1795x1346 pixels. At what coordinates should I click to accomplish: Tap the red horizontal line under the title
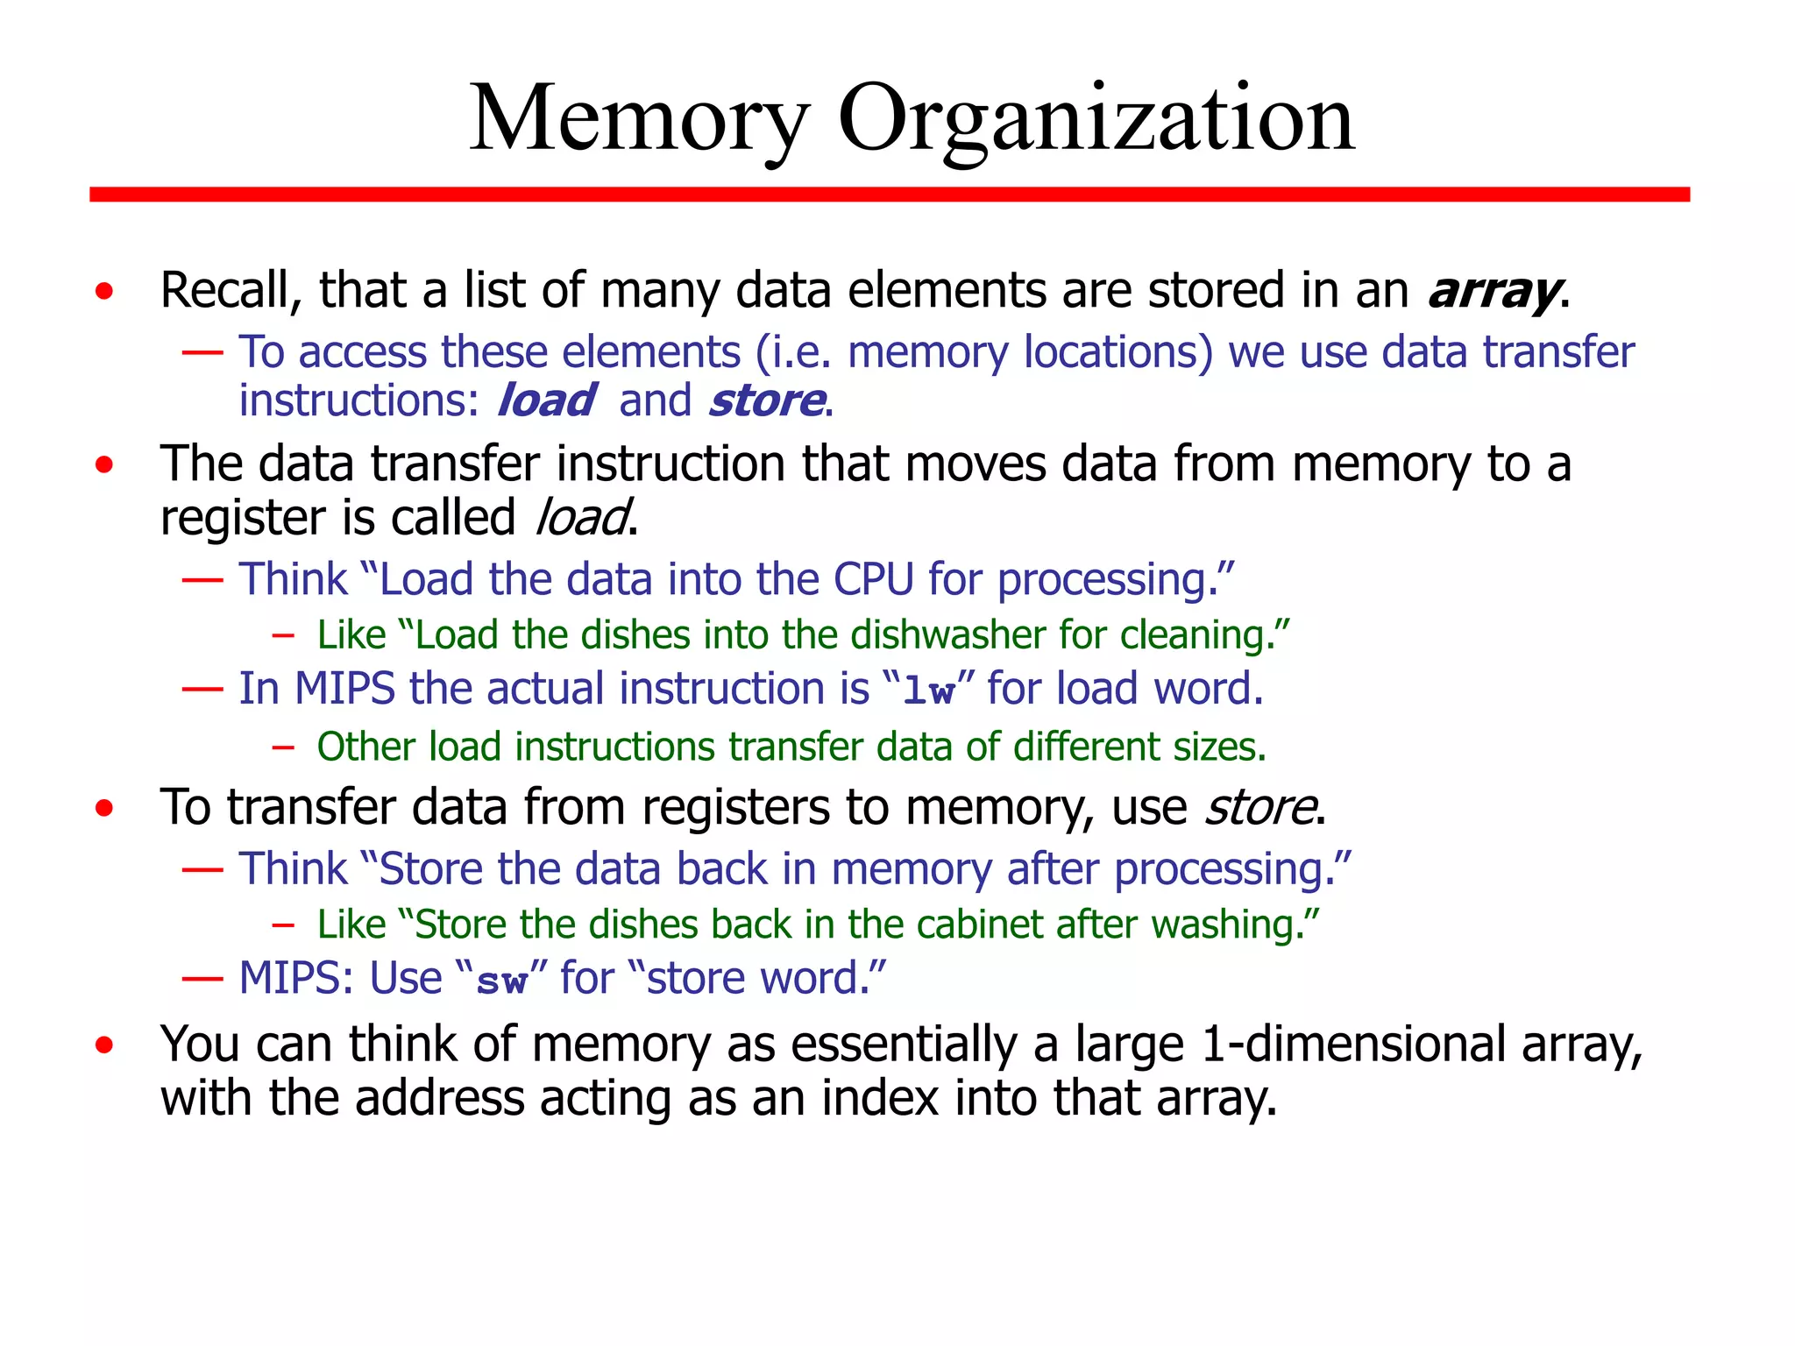[889, 194]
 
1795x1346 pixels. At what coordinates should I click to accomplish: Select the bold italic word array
[1493, 291]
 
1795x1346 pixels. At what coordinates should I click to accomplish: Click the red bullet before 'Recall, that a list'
[105, 291]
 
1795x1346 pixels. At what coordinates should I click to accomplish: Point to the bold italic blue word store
[766, 401]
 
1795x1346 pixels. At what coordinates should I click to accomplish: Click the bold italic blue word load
[546, 401]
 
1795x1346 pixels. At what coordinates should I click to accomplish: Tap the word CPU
[873, 579]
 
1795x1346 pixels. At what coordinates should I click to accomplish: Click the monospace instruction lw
[928, 691]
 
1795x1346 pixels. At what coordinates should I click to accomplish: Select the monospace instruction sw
[500, 980]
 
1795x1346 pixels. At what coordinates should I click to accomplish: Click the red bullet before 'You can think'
[105, 1045]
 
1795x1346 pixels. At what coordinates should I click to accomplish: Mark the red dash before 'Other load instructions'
[282, 747]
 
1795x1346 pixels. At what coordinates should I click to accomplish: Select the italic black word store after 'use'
[1259, 808]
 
